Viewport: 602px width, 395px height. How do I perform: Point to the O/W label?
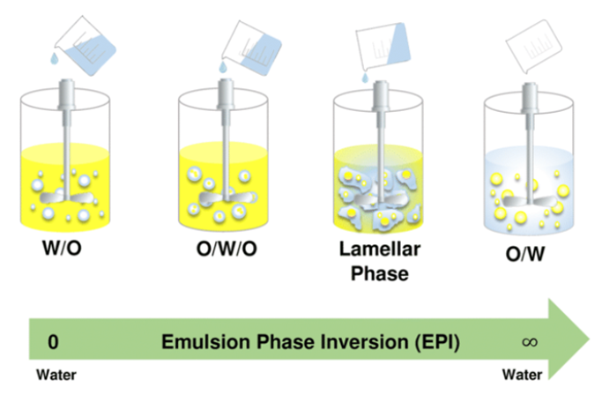[527, 253]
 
